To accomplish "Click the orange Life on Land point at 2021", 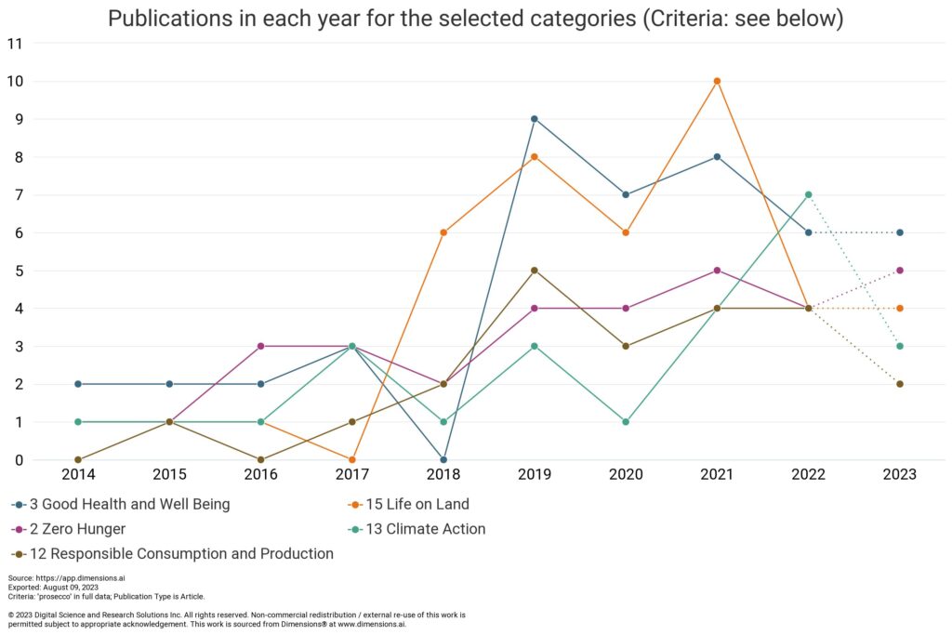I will (717, 81).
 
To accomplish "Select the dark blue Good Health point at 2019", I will (535, 119).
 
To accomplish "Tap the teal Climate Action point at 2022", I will (808, 195).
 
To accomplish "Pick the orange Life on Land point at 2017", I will (351, 459).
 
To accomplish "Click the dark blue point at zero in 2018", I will (443, 459).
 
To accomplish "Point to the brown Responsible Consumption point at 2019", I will (535, 271).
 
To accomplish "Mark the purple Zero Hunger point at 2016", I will (260, 346).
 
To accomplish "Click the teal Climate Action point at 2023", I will (900, 346).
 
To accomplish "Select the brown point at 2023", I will (900, 384).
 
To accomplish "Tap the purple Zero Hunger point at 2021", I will (717, 271).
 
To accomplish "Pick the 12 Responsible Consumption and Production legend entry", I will (177, 554).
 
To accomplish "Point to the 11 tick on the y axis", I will (14, 44).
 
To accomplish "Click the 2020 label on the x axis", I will (626, 475).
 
